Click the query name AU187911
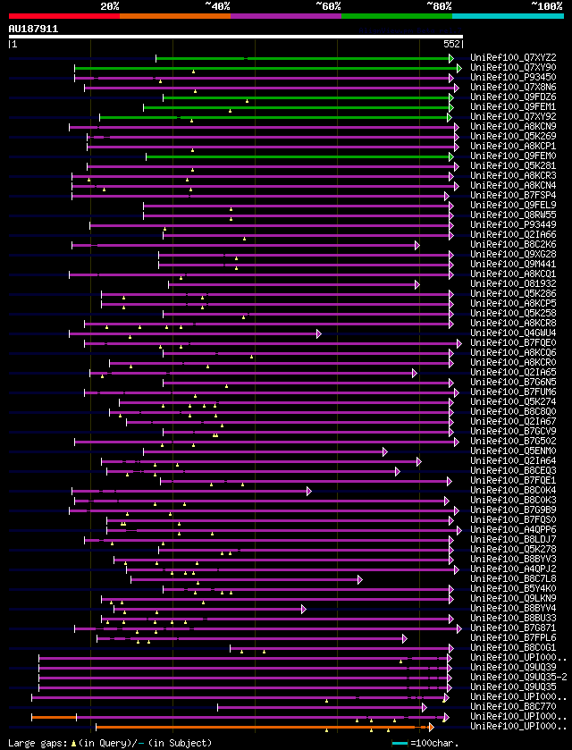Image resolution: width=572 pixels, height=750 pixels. [x=33, y=29]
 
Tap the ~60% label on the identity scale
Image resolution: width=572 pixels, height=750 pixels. [x=327, y=5]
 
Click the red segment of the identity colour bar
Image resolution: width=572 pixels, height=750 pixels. [x=63, y=16]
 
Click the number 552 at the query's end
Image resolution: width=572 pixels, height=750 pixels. [x=451, y=43]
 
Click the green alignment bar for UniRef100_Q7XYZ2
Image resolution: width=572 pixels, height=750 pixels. [x=304, y=58]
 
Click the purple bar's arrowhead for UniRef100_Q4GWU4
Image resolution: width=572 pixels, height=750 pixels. [x=318, y=333]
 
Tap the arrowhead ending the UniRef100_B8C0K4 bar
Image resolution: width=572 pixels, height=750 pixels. [x=308, y=491]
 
